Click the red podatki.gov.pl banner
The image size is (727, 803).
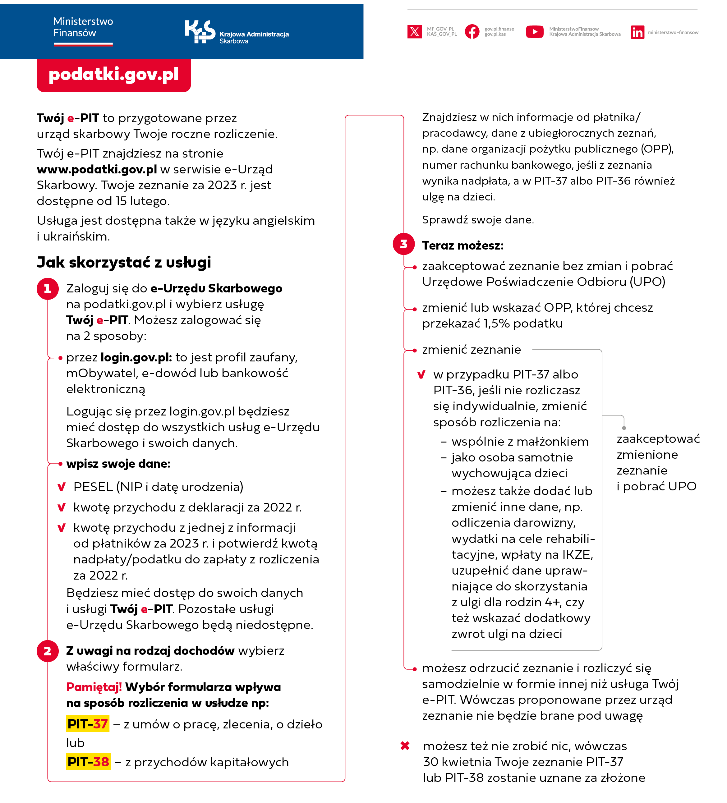[113, 75]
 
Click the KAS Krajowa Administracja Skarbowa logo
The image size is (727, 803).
[236, 32]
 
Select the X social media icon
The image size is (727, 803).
[414, 31]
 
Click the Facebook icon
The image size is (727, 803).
[472, 31]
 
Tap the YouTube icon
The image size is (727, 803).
[535, 31]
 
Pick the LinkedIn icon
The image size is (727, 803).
[637, 32]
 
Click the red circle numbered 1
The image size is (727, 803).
[48, 289]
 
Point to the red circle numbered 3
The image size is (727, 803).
[403, 244]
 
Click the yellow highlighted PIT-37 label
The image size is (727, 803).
[88, 724]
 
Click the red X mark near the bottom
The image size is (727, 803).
[405, 746]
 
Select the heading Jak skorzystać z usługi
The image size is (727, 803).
[124, 263]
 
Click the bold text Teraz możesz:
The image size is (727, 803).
[462, 246]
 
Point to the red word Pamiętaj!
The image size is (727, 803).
[94, 687]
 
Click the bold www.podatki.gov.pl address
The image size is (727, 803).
[97, 170]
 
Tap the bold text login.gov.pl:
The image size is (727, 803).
[136, 358]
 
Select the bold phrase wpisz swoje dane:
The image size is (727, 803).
[118, 464]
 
